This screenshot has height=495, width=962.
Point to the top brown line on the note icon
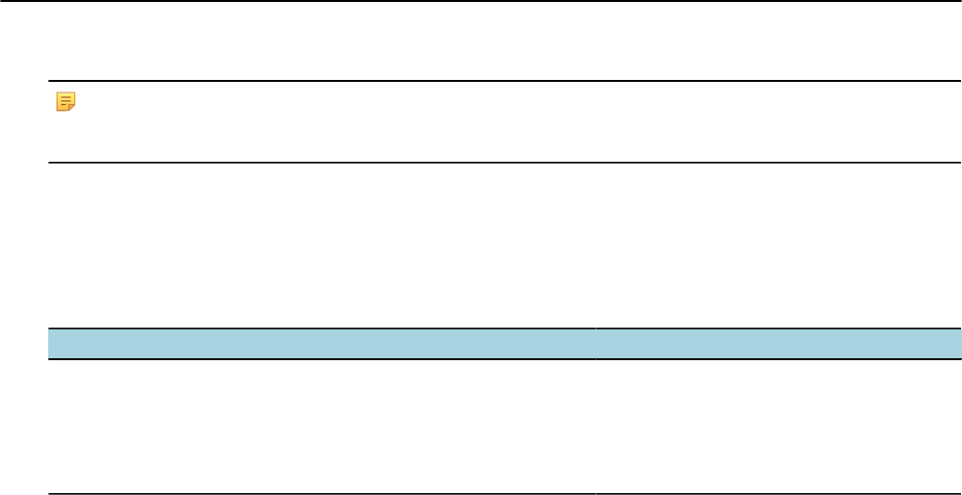coord(65,96)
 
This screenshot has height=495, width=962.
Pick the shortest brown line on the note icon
coord(63,104)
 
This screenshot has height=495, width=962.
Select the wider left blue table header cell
coord(322,344)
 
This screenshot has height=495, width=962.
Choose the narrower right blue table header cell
coord(779,344)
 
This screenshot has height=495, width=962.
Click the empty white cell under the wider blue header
coord(322,427)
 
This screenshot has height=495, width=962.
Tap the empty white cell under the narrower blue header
coord(779,427)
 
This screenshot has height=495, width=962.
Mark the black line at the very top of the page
coord(481,1)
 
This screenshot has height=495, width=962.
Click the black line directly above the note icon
coord(501,81)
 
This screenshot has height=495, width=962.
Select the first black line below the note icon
coord(501,163)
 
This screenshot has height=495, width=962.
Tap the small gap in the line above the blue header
coord(596,328)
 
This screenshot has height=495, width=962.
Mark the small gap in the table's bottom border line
coord(596,494)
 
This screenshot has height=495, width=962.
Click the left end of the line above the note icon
coord(51,81)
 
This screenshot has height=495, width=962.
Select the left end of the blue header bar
coord(52,344)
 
